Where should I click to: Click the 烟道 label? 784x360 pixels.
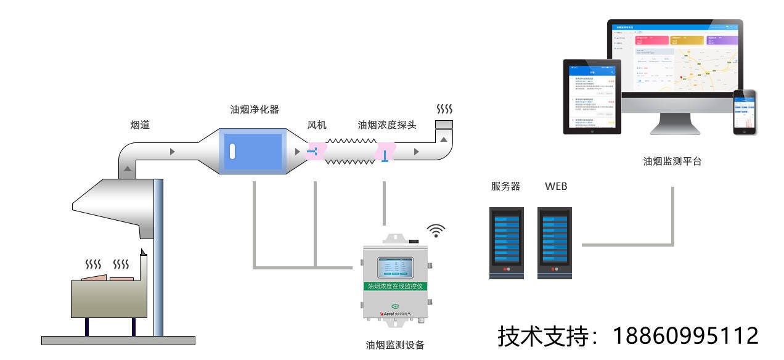pos(140,125)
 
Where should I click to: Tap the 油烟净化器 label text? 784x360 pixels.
pos(255,110)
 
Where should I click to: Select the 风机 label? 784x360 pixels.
pos(317,125)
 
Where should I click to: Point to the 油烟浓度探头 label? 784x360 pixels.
pos(387,125)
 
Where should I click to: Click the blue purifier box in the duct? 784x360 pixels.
pos(253,151)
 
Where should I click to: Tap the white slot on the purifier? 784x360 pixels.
pos(232,151)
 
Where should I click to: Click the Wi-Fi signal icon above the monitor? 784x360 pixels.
pos(436,231)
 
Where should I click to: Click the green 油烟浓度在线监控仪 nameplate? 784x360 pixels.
pos(394,286)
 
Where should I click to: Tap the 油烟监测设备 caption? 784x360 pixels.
pos(394,345)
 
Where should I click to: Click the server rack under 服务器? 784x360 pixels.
pos(506,242)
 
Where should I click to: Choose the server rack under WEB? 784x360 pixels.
pos(554,242)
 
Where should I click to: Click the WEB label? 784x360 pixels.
pos(556,186)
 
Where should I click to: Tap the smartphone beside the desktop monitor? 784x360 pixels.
pos(744,112)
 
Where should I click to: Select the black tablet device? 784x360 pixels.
pos(592,96)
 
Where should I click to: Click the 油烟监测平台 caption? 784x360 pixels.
pos(672,162)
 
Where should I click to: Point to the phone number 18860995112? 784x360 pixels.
pos(685,337)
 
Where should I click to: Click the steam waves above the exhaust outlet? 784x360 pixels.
pos(444,109)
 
